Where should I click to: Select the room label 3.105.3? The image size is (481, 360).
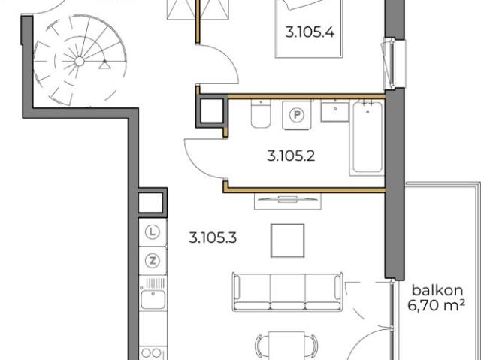(x=213, y=240)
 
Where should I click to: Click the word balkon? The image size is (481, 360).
(x=436, y=290)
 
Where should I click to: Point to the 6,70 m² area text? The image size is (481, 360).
(x=436, y=305)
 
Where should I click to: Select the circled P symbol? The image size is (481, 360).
(x=298, y=116)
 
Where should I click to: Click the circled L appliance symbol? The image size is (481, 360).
(x=153, y=232)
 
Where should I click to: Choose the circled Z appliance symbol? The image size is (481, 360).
(x=153, y=261)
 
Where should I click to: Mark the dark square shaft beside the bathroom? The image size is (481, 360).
(x=210, y=111)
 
